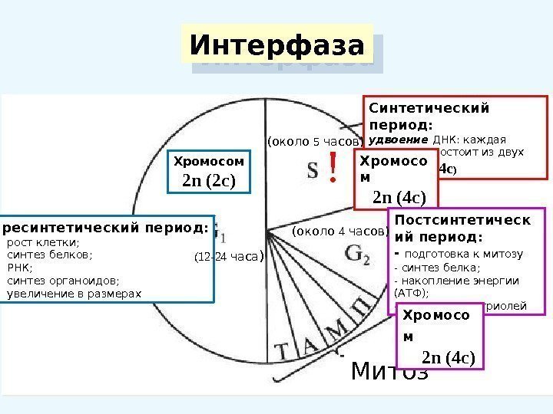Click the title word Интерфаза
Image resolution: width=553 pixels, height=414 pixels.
[x=276, y=45]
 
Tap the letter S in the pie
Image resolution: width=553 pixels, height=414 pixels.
[x=313, y=170]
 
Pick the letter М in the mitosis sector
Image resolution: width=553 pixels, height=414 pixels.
[x=336, y=330]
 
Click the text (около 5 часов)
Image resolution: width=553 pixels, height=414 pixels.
[x=313, y=142]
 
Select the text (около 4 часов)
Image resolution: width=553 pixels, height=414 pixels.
[x=341, y=231]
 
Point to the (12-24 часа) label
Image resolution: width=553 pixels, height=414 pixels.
[x=228, y=257]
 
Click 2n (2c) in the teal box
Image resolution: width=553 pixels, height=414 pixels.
[x=208, y=181]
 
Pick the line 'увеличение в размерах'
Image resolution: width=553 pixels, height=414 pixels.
[x=74, y=293]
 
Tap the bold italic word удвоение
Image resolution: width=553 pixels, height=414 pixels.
[x=399, y=140]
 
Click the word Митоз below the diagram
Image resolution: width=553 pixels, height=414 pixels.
[x=389, y=371]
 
